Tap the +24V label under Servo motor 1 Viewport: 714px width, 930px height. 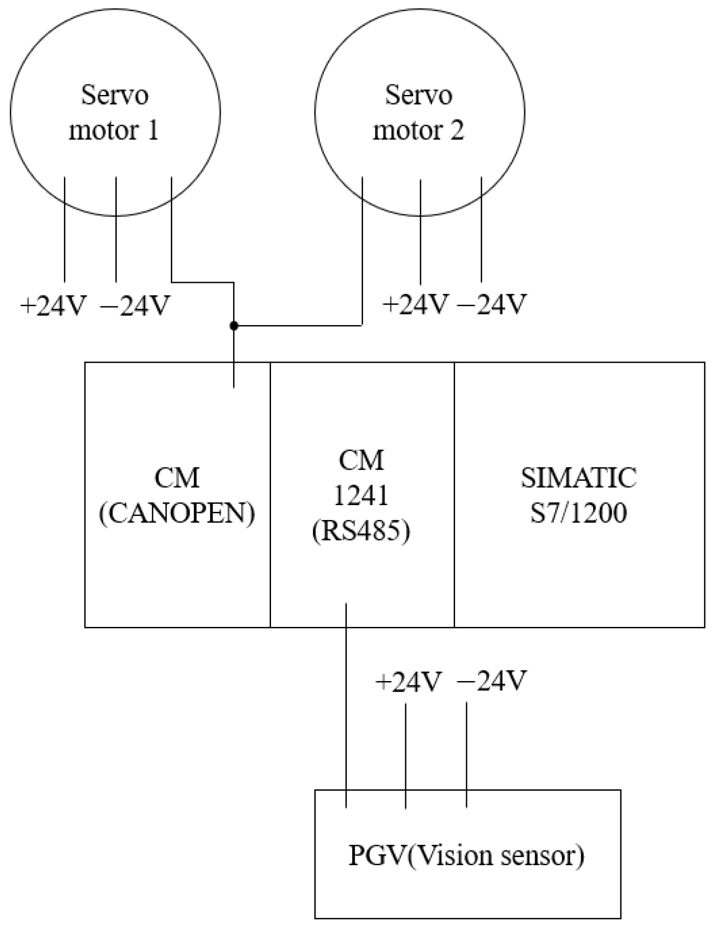[54, 306]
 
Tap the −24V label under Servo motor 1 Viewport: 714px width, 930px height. [135, 306]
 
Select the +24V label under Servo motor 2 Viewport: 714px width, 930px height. [416, 304]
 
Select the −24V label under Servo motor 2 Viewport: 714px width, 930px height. [492, 304]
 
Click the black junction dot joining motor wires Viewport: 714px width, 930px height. [233, 326]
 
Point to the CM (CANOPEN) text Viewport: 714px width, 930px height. [177, 496]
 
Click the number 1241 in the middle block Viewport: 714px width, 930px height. [361, 496]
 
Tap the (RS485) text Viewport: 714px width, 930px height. [361, 531]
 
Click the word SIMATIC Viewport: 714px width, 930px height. [579, 478]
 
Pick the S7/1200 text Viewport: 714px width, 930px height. [579, 513]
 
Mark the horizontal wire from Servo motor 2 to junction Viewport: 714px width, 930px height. [298, 326]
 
